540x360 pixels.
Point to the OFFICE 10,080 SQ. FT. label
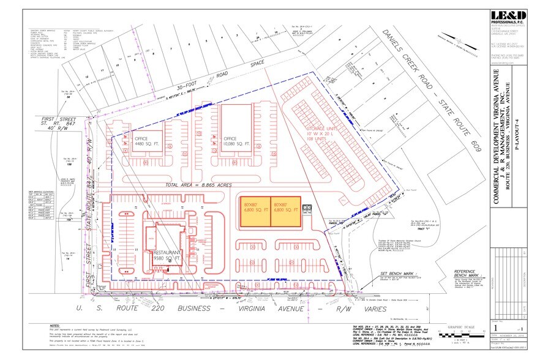click(x=236, y=141)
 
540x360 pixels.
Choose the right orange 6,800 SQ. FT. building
click(x=285, y=212)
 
